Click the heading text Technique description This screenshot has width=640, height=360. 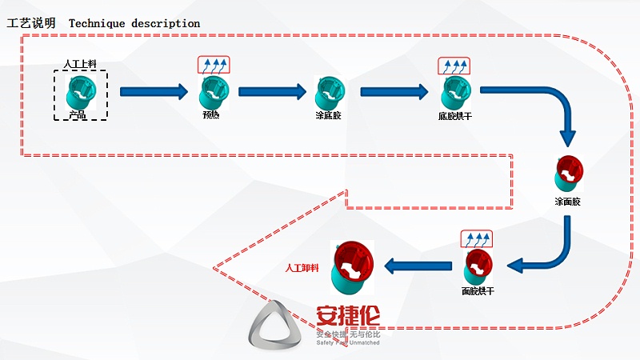134,23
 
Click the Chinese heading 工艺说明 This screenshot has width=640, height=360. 31,23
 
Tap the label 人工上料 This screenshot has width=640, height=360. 80,64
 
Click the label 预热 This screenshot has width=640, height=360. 211,115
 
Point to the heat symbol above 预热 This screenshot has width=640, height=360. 214,65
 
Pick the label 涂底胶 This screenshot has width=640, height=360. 329,115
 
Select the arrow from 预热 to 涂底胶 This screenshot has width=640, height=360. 272,92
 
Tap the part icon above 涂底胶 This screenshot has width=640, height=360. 329,91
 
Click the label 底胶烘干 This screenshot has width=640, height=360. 454,115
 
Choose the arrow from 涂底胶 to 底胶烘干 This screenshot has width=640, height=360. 394,92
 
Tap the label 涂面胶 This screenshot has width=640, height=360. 568,202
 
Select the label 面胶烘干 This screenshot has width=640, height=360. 478,290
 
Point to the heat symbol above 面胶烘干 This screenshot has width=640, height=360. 477,238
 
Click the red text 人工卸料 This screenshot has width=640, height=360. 302,267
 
